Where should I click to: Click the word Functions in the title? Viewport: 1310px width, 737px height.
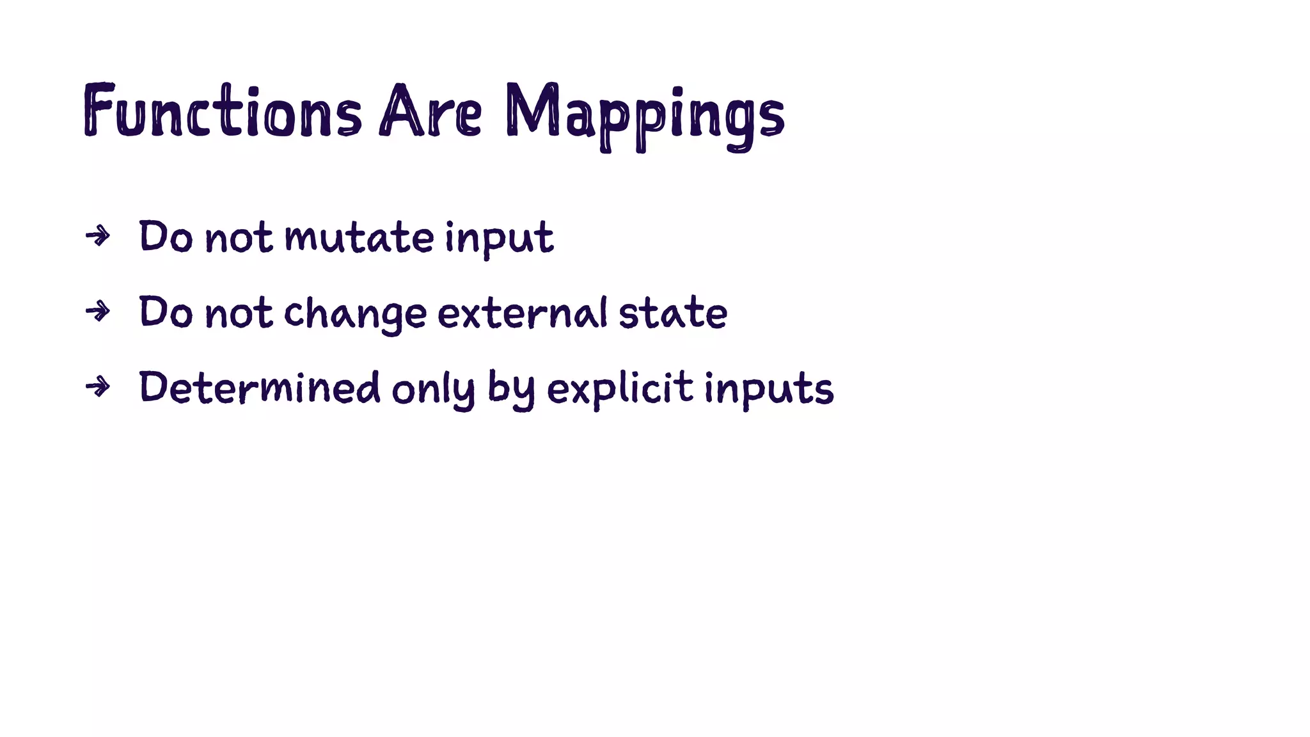point(222,111)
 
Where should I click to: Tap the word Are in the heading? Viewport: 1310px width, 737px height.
point(430,111)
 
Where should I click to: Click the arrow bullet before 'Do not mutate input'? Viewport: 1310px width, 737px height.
point(97,237)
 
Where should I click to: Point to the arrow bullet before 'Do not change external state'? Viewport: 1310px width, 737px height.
point(97,312)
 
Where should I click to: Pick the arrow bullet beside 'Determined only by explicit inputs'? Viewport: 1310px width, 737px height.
point(97,387)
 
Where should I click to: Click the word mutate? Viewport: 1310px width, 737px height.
point(359,237)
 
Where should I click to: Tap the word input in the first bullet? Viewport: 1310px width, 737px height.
point(499,239)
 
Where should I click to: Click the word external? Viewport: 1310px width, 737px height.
point(522,313)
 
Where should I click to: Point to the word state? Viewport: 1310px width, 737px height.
point(672,313)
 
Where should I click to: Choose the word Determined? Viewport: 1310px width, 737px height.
point(259,388)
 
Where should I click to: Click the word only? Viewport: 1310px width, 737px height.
point(433,390)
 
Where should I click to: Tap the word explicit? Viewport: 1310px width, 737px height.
point(620,390)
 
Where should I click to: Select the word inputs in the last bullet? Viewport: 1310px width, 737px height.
point(769,390)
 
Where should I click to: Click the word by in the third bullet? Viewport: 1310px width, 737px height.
point(510,390)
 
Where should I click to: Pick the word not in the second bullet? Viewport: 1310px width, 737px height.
point(239,313)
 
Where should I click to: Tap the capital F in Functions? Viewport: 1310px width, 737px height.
point(99,110)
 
